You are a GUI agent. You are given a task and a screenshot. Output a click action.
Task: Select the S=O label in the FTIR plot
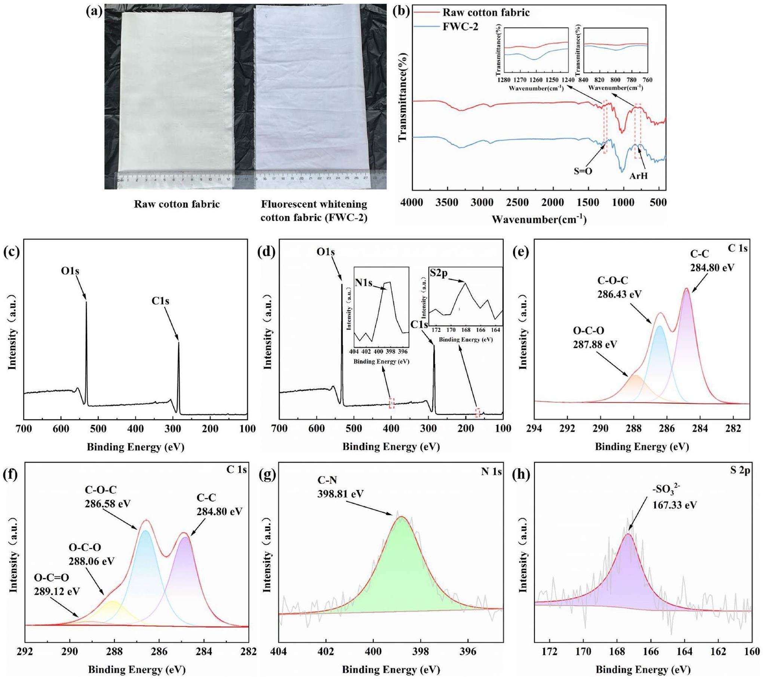click(583, 171)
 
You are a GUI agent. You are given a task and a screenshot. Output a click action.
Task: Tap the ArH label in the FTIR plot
click(638, 176)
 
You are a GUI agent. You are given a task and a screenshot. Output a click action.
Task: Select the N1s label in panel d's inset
click(363, 283)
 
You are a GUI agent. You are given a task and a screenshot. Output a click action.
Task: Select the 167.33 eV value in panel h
click(675, 505)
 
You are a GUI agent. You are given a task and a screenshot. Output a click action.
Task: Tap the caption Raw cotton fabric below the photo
click(176, 204)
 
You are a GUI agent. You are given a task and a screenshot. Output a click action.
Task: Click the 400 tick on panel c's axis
click(135, 429)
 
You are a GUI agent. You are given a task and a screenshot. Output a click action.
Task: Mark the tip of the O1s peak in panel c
click(86, 302)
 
